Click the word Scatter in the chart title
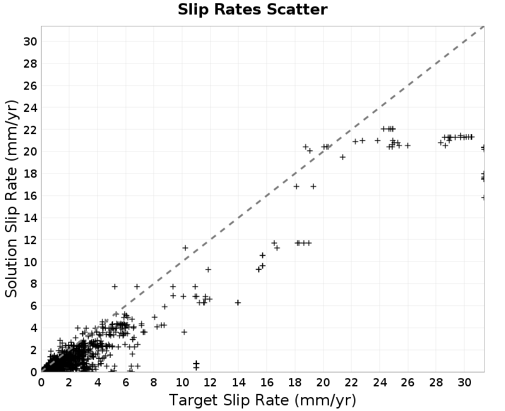297,9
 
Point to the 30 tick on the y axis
30,42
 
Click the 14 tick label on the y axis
30,218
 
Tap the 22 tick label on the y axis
30,130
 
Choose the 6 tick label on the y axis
34,306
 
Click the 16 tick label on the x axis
266,383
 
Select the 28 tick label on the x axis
436,383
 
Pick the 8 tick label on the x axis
153,383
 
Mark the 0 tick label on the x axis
41,383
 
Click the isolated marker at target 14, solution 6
238,303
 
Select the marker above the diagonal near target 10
185,248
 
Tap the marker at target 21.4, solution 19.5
343,157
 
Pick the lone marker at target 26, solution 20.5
408,146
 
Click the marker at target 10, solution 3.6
184,332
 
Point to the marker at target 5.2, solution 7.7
115,286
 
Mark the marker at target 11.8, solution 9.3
208,269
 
